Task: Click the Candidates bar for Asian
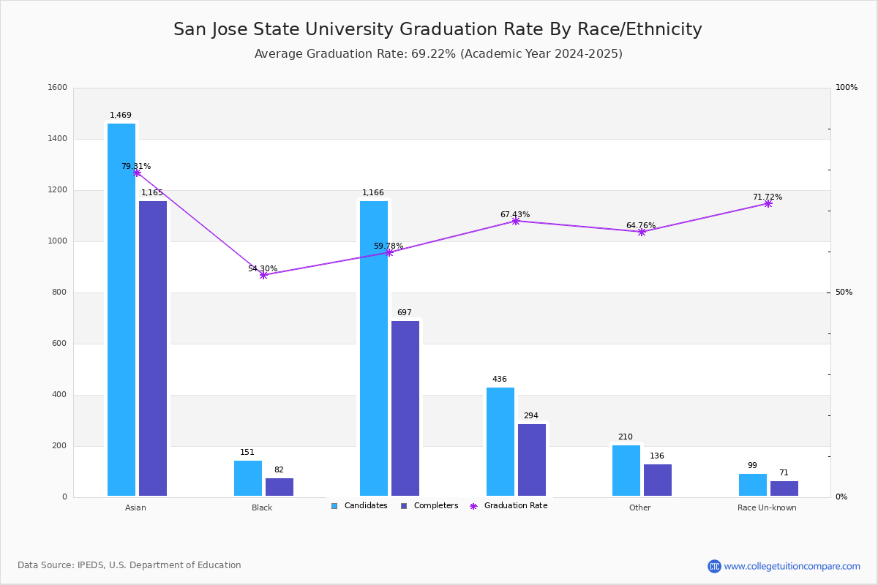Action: point(121,309)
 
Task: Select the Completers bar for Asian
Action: point(153,348)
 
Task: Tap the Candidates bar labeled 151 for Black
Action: point(248,478)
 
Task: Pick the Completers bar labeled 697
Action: point(405,408)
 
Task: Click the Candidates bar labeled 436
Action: point(500,442)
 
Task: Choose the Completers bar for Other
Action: point(658,480)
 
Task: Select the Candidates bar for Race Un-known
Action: point(753,485)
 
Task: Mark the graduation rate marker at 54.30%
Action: point(263,276)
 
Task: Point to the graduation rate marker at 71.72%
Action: point(768,204)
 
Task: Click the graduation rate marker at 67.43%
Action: point(516,222)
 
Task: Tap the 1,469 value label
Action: point(121,116)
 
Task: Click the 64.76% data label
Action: point(641,225)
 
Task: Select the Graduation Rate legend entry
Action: point(509,506)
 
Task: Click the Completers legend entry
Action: point(429,506)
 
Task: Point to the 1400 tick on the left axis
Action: point(58,139)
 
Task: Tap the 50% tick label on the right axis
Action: point(844,292)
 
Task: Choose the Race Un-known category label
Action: point(767,507)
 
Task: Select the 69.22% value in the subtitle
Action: point(433,53)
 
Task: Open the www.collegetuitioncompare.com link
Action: point(792,566)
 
